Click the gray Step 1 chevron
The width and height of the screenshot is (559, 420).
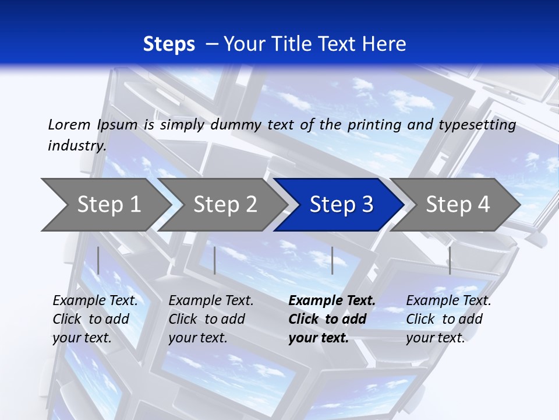(108, 205)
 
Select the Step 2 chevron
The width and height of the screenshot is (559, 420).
(224, 205)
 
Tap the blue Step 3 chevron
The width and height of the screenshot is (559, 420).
(341, 205)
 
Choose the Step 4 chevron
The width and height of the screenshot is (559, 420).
(457, 205)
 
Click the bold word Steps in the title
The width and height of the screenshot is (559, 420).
(169, 44)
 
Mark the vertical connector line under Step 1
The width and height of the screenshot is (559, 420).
(98, 260)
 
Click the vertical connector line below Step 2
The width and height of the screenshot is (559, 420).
(215, 260)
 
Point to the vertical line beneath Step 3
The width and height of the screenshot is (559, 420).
(332, 260)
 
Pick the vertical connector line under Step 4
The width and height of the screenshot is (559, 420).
(450, 260)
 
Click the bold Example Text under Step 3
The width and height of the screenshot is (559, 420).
(332, 301)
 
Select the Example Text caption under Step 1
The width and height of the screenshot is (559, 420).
(95, 301)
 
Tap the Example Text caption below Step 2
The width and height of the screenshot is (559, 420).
(211, 301)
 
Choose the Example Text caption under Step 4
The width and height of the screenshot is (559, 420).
(448, 301)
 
